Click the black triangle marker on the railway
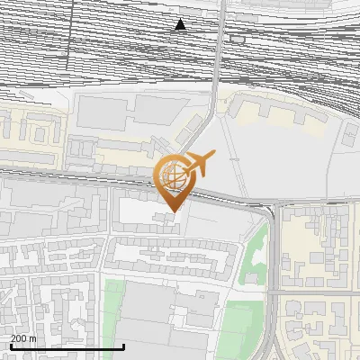[x=181, y=24]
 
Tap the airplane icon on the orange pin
[x=202, y=164]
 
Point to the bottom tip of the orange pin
[x=172, y=211]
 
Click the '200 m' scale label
[x=23, y=338]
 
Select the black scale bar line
[x=67, y=346]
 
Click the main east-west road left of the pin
[x=72, y=174]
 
